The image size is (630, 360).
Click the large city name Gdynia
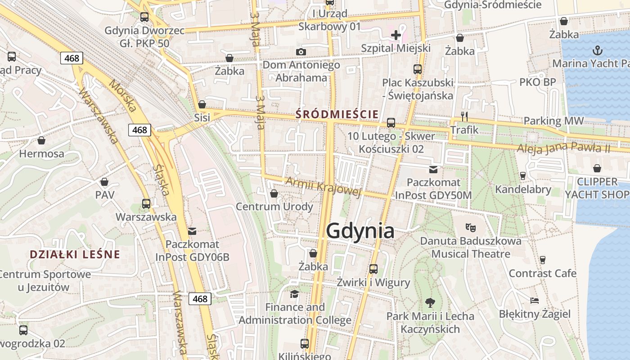coord(360,231)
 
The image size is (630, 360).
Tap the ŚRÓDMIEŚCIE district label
coord(337,114)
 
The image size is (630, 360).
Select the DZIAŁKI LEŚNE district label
coord(75,254)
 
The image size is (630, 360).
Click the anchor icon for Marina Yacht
coord(598,50)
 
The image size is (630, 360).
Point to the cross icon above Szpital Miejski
coord(396,35)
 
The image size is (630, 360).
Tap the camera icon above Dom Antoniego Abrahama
coord(301,52)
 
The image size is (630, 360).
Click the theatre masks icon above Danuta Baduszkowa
coord(471,227)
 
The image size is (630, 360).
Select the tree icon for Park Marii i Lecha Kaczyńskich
coord(430,302)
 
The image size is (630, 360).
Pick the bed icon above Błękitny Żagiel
coord(535,300)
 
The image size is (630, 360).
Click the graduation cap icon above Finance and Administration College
coord(294,294)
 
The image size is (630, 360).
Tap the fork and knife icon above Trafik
coord(464,117)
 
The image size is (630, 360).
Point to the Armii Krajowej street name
coord(324,186)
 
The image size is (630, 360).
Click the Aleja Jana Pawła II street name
coord(563,147)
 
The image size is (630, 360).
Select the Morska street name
coord(122,95)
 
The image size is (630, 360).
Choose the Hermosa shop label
coord(41,154)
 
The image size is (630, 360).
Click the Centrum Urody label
coord(274,207)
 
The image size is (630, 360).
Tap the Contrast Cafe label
coord(542,273)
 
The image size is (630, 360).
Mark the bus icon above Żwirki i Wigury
coord(373,269)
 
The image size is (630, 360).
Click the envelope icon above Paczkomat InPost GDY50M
coord(433,169)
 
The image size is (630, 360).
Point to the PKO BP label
coord(538,82)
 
